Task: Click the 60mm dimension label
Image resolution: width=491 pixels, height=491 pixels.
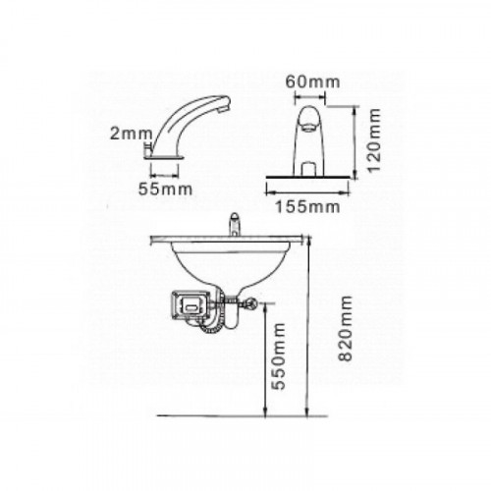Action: [312, 82]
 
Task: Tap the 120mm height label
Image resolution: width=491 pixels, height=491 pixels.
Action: [374, 140]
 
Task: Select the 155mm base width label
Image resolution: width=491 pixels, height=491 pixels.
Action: [307, 207]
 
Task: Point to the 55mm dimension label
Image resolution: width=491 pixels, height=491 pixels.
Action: [165, 190]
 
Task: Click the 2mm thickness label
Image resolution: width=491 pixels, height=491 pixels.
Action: [131, 134]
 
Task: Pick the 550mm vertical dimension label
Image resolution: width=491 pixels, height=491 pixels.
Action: [279, 356]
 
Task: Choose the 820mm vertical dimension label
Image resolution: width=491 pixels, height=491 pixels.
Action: [346, 328]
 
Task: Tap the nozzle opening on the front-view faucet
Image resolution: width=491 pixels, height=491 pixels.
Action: [308, 126]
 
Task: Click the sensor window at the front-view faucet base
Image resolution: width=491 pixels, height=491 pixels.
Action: [308, 169]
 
